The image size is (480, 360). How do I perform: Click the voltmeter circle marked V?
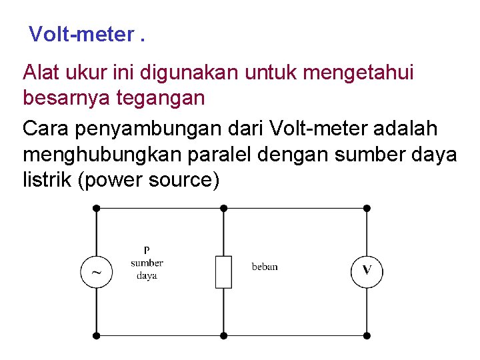click(367, 271)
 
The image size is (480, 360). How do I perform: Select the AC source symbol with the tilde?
click(97, 272)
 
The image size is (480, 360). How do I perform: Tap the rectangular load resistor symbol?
click(223, 271)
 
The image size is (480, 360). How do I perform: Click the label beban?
click(265, 267)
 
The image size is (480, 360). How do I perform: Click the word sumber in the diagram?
click(147, 263)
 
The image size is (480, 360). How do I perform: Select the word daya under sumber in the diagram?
click(147, 275)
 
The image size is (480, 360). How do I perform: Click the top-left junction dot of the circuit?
click(97, 208)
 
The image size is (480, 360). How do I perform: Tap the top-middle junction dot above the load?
click(223, 208)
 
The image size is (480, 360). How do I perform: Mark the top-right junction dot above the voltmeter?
click(367, 208)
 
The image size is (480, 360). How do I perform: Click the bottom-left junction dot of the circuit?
click(97, 335)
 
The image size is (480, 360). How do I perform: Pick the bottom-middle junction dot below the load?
click(223, 335)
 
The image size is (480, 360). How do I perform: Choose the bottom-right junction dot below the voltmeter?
click(367, 335)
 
